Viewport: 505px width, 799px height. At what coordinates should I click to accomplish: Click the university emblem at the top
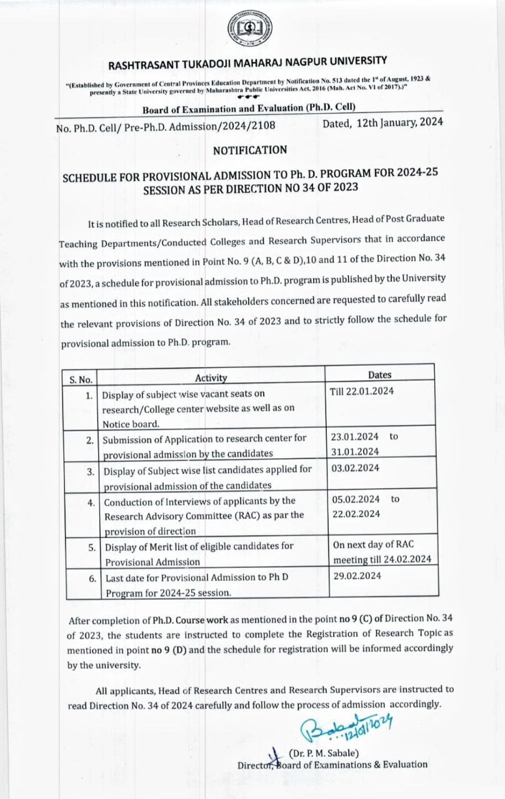point(251,30)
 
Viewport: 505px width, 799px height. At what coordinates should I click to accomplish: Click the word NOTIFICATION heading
point(250,150)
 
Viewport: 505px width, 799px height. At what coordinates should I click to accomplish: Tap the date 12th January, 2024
point(382,123)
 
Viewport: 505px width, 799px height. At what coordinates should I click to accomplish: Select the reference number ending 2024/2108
point(165,125)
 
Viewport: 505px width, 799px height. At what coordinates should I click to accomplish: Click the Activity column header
point(211,378)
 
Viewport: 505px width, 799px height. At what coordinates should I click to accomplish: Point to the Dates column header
point(380,375)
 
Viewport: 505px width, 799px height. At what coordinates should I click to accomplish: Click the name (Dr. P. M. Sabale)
point(324,753)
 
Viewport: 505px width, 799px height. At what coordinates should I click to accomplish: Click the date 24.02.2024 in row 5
point(410,559)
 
